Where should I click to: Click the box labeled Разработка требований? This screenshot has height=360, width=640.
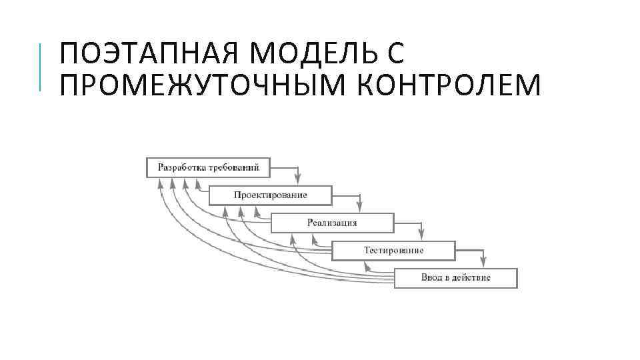[x=208, y=167]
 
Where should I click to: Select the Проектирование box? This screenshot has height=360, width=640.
[x=270, y=195]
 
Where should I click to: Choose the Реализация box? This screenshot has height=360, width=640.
[x=332, y=222]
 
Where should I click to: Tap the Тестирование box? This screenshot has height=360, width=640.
[x=393, y=250]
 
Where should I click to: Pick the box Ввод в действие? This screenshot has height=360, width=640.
[x=455, y=277]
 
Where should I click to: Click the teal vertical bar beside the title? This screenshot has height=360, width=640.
[x=41, y=67]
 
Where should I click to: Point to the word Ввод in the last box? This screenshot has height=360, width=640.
[x=431, y=277]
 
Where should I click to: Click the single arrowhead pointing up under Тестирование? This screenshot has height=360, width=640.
[x=365, y=265]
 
